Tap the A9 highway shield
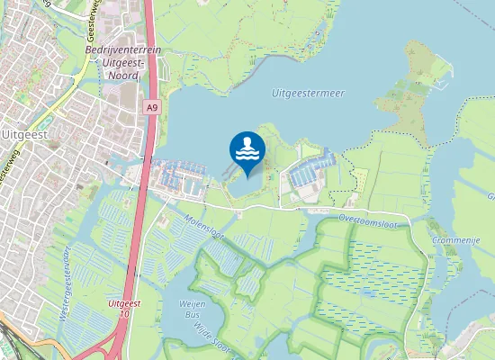pos(152,107)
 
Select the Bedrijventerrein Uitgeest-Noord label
pos(122,62)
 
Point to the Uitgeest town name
pos(24,133)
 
